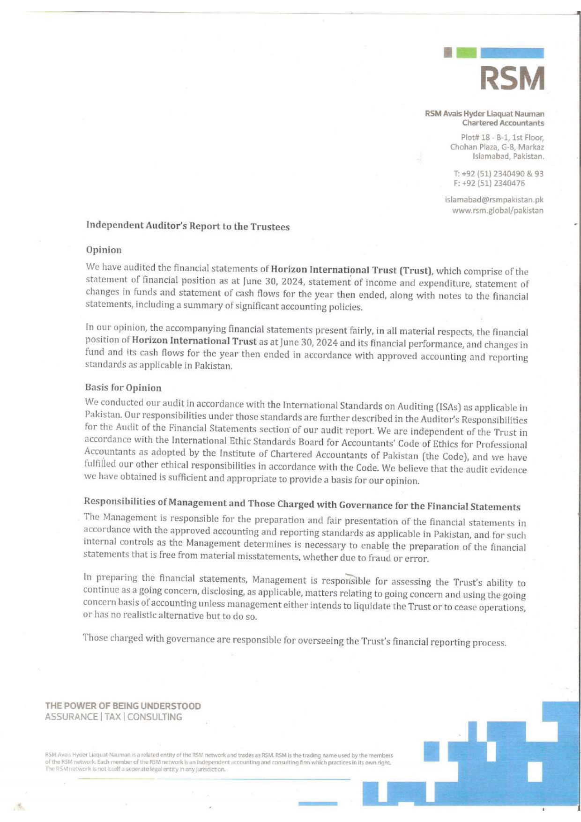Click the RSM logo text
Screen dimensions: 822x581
pyautogui.click(x=512, y=78)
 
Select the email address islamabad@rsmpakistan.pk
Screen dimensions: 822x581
pyautogui.click(x=494, y=200)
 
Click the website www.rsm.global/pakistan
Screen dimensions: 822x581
pyautogui.click(x=498, y=211)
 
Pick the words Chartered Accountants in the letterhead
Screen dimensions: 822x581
pyautogui.click(x=503, y=123)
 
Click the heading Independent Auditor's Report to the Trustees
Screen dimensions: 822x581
pyautogui.click(x=188, y=226)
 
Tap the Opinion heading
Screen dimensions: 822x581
pyautogui.click(x=104, y=250)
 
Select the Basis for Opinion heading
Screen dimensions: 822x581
pyautogui.click(x=123, y=388)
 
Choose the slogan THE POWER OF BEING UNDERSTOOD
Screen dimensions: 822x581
pyautogui.click(x=123, y=706)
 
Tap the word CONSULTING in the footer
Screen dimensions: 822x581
pyautogui.click(x=155, y=717)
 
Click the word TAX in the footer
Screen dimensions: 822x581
pyautogui.click(x=112, y=717)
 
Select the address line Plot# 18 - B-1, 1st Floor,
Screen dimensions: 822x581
pyautogui.click(x=502, y=138)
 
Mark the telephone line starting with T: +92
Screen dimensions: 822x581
pyautogui.click(x=498, y=174)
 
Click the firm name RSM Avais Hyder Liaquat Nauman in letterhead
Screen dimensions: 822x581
pyautogui.click(x=484, y=114)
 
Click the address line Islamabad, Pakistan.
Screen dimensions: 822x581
pyautogui.click(x=508, y=156)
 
